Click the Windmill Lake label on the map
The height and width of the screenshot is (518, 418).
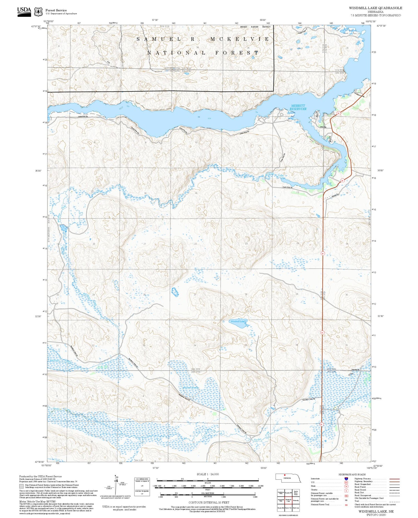pos(237,321)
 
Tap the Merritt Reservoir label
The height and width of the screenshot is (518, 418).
pos(298,107)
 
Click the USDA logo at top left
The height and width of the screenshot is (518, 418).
pos(24,11)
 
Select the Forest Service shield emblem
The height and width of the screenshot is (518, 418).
pos(38,12)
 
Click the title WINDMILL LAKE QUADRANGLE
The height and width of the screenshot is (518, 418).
pos(375,8)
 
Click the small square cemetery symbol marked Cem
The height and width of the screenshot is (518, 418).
pos(350,375)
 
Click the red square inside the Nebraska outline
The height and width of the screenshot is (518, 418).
pos(284,475)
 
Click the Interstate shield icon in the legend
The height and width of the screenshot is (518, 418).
pos(346,478)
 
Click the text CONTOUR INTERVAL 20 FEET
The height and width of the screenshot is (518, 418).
pos(209,502)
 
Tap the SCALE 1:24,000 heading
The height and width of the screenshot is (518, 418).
pos(208,474)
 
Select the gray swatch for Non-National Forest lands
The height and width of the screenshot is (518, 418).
pos(21,486)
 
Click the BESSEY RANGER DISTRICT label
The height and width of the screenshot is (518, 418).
pos(255,27)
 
